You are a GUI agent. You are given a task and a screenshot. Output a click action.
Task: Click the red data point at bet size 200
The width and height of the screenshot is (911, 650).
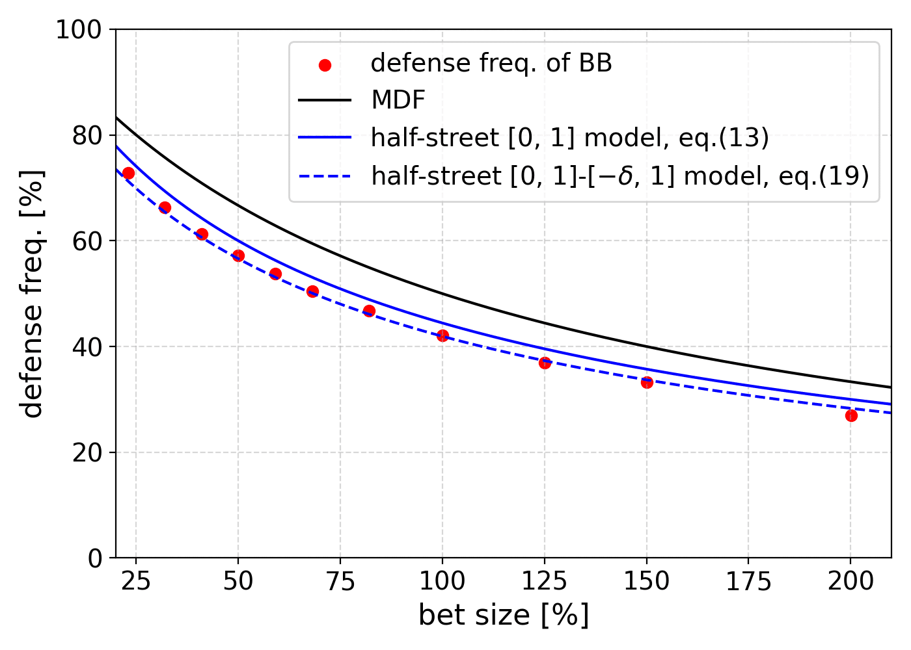point(850,415)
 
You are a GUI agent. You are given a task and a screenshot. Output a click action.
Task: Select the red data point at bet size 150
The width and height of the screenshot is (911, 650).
point(647,382)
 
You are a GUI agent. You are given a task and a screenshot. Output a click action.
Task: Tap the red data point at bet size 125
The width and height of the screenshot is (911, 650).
point(545,363)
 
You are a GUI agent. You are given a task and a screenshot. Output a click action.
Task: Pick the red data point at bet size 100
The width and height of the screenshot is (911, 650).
point(442,335)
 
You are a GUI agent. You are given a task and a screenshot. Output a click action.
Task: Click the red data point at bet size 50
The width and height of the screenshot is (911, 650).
point(238,255)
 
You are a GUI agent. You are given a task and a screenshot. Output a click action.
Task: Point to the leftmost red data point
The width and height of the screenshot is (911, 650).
point(128,173)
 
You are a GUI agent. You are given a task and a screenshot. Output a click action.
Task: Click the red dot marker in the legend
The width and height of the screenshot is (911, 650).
point(325,65)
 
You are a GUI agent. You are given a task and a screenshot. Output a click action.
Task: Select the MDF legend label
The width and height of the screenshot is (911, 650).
point(398,101)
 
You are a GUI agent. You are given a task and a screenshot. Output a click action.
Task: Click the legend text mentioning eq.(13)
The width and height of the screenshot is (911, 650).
point(569,138)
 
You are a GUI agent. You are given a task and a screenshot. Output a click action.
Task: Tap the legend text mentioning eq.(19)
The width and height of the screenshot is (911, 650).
point(619,175)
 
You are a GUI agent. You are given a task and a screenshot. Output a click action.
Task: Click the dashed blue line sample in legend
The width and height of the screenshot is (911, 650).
point(325,175)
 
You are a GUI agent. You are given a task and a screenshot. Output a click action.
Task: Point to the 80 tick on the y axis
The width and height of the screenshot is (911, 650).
point(87,135)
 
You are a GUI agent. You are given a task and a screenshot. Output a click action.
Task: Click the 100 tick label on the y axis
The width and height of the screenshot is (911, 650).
point(79,30)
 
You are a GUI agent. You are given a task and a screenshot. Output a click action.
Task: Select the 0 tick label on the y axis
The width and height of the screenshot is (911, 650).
point(95,558)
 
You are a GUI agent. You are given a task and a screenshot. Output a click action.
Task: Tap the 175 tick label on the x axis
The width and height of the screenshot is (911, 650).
point(748,580)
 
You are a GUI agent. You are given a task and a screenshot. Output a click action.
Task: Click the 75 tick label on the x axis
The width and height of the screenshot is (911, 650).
point(340,580)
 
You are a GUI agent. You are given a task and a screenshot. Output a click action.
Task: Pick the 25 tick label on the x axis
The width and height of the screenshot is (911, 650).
point(136,580)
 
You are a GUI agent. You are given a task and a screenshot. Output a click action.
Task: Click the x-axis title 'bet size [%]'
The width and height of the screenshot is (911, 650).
point(503,615)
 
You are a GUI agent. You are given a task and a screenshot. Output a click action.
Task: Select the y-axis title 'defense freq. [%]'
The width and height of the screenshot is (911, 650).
point(31,294)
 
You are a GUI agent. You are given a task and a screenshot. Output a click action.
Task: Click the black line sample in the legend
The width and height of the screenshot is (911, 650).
point(325,101)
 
